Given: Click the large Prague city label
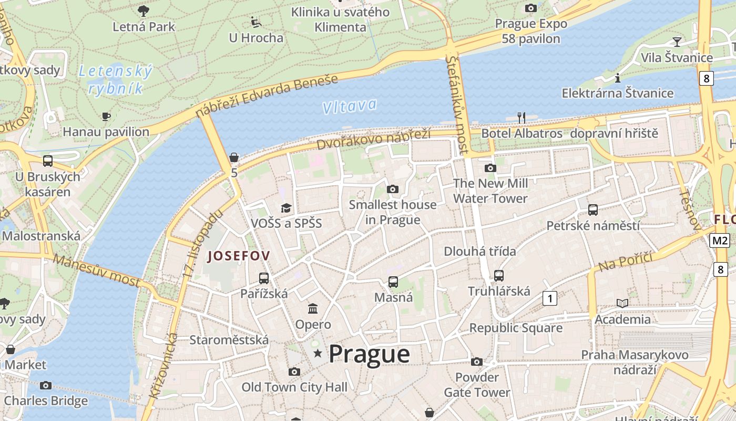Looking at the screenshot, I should tap(369, 354).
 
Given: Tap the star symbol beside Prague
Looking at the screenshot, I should tap(318, 353).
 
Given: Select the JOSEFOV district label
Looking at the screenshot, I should tap(239, 256).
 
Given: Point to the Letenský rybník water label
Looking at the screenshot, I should tap(115, 79).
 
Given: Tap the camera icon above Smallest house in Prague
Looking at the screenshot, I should tap(392, 189).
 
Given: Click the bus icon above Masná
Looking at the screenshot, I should tap(393, 282).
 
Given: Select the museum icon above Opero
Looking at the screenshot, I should tap(313, 308).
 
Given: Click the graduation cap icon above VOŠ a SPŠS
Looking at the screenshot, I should tap(285, 208).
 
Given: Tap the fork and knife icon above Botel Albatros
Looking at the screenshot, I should tap(521, 117).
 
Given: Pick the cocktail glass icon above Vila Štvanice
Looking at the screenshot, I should tap(677, 42).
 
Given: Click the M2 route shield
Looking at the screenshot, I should tap(720, 240).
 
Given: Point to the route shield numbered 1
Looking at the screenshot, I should tap(549, 299).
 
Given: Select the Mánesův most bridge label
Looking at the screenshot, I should tap(97, 270).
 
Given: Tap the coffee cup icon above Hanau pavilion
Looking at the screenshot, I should tap(106, 116).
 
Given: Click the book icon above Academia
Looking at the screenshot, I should tap(622, 303).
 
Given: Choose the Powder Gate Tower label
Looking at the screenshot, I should tap(477, 385).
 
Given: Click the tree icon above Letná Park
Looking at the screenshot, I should tap(143, 11).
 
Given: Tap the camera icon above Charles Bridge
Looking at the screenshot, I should tap(46, 385).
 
